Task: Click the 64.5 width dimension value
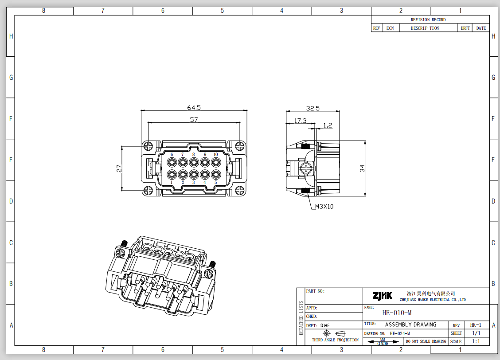pyautogui.click(x=194, y=108)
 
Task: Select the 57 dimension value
pyautogui.click(x=194, y=120)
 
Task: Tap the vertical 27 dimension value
pyautogui.click(x=119, y=168)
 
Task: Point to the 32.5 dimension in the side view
pyautogui.click(x=313, y=108)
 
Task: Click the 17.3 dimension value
pyautogui.click(x=300, y=121)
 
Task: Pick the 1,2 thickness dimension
pyautogui.click(x=328, y=125)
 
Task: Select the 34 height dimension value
pyautogui.click(x=362, y=168)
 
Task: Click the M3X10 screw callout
pyautogui.click(x=324, y=207)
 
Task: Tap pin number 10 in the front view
pyautogui.click(x=215, y=154)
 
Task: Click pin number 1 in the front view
pyautogui.click(x=172, y=182)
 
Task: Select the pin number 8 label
pyautogui.click(x=193, y=154)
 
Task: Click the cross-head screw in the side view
pyautogui.click(x=305, y=168)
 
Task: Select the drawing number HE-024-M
pyautogui.click(x=399, y=333)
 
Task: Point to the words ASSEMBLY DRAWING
pyautogui.click(x=410, y=325)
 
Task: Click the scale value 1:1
pyautogui.click(x=476, y=341)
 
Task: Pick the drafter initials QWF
pyautogui.click(x=325, y=325)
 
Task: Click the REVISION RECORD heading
pyautogui.click(x=428, y=20)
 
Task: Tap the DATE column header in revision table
pyautogui.click(x=481, y=28)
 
